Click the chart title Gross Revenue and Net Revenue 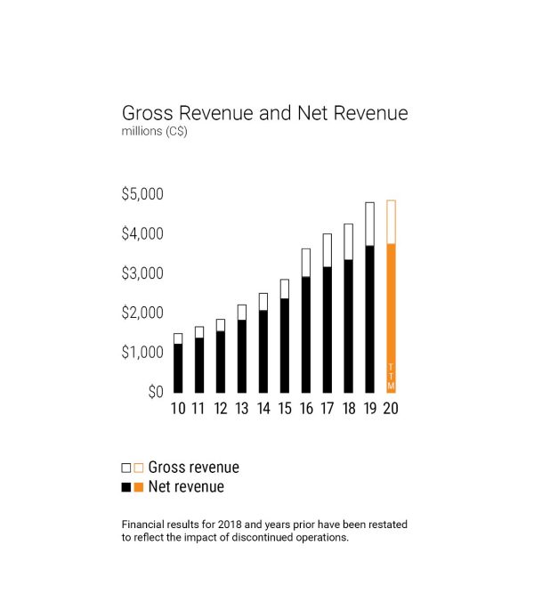264,114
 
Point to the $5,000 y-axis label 143,194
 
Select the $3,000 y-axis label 143,273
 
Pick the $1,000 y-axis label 143,353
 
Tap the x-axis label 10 178,409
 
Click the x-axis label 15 284,409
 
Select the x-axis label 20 391,409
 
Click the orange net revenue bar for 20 391,303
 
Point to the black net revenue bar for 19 369,319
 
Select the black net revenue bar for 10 178,368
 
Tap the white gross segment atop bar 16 305,263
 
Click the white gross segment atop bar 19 369,224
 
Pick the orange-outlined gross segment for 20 391,222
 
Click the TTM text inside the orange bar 391,376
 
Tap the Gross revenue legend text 193,467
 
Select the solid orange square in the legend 138,487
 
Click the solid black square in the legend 125,487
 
